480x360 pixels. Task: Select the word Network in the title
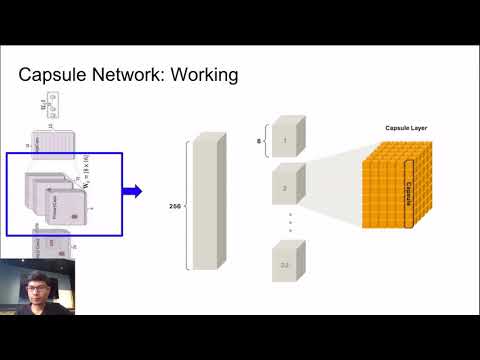tap(126, 75)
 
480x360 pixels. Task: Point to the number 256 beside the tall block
tap(175, 207)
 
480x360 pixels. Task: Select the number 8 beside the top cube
tap(260, 141)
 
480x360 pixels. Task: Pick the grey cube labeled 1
tap(288, 139)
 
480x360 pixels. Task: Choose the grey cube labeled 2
tap(288, 186)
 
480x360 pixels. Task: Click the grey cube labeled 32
tap(288, 263)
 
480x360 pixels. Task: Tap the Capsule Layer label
tap(407, 127)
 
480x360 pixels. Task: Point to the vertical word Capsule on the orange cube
tap(407, 184)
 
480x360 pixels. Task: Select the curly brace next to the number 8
tap(266, 141)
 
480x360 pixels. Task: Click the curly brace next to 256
tap(186, 206)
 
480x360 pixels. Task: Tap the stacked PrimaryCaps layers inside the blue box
tap(55, 195)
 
